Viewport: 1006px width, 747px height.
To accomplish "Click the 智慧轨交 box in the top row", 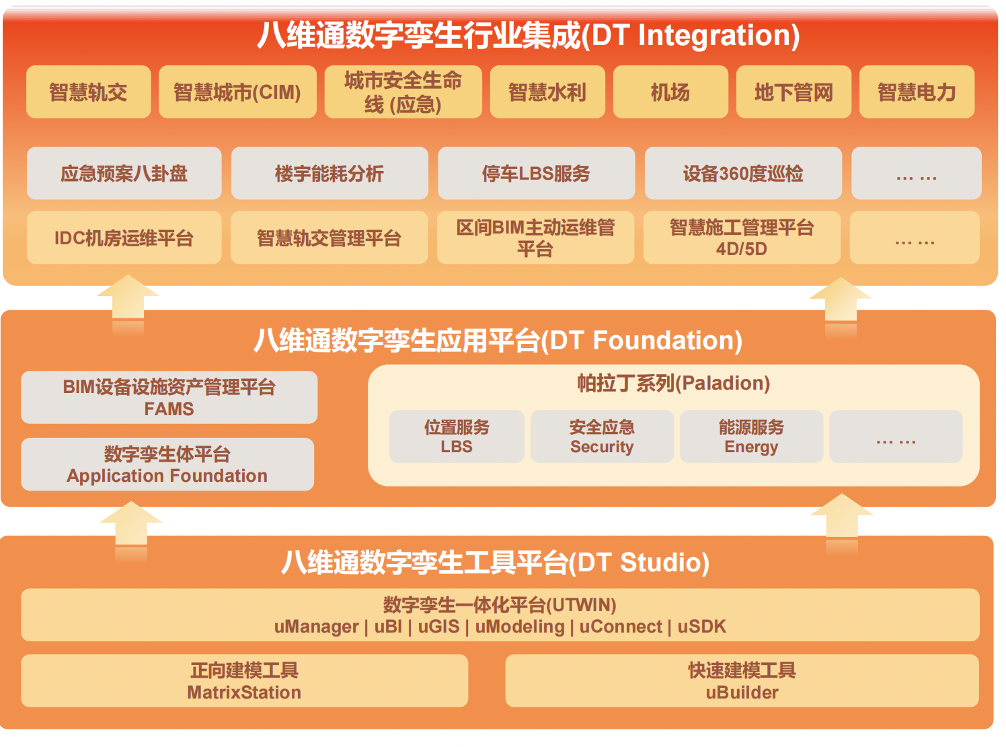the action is (x=89, y=92).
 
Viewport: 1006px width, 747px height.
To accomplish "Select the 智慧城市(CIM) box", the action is (x=237, y=92).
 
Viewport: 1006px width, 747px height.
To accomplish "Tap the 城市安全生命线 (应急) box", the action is (x=403, y=92).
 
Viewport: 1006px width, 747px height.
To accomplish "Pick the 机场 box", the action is (x=670, y=92).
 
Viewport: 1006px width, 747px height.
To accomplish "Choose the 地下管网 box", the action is (x=794, y=92).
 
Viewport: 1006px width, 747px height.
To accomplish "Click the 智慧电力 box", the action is (x=917, y=92).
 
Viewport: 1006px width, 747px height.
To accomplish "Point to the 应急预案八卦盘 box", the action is (x=124, y=173).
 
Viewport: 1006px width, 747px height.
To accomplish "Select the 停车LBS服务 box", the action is (x=536, y=173).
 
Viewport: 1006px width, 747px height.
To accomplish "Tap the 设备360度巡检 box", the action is (x=743, y=173).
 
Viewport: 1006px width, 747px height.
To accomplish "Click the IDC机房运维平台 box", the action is (x=124, y=238).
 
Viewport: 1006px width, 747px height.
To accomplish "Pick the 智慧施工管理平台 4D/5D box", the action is (x=742, y=238).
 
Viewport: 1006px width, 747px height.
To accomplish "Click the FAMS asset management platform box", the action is (x=169, y=397).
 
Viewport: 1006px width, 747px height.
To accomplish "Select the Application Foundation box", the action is (x=167, y=464).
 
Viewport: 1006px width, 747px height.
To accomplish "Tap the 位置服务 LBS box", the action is (x=457, y=436).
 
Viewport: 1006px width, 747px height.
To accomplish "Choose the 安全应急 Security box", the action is (x=602, y=436).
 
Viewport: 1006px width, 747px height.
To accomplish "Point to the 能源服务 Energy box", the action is (x=751, y=436).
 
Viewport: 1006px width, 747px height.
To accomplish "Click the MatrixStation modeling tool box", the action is (x=245, y=680).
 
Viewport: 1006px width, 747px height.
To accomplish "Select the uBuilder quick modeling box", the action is (x=742, y=680).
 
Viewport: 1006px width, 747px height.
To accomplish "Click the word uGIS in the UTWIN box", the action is (x=438, y=627).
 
